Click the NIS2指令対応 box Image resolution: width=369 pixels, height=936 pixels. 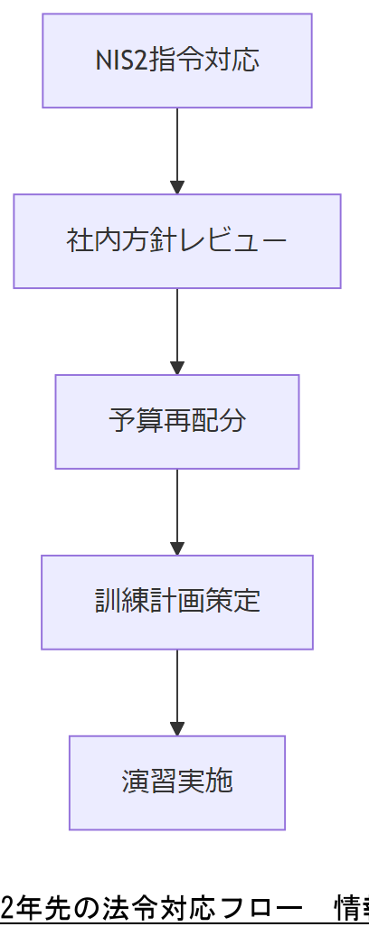pos(177,61)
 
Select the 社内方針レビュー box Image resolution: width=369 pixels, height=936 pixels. pos(177,241)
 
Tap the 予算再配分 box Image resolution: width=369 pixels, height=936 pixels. pos(177,422)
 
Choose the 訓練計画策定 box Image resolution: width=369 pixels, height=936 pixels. pos(177,603)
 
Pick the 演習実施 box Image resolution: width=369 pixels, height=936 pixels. pos(177,783)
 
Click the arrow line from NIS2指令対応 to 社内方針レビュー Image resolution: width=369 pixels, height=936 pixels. pos(177,145)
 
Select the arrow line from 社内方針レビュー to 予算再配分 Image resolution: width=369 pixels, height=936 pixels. pos(177,325)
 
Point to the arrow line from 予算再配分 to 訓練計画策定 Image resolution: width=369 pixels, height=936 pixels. pos(177,506)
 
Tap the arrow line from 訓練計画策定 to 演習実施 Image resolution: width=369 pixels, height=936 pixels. pos(177,687)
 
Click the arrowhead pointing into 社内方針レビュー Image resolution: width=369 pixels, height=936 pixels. pos(177,188)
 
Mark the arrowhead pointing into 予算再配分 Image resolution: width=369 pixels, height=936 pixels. pos(177,369)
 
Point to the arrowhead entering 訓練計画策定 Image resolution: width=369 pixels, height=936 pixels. pos(177,549)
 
